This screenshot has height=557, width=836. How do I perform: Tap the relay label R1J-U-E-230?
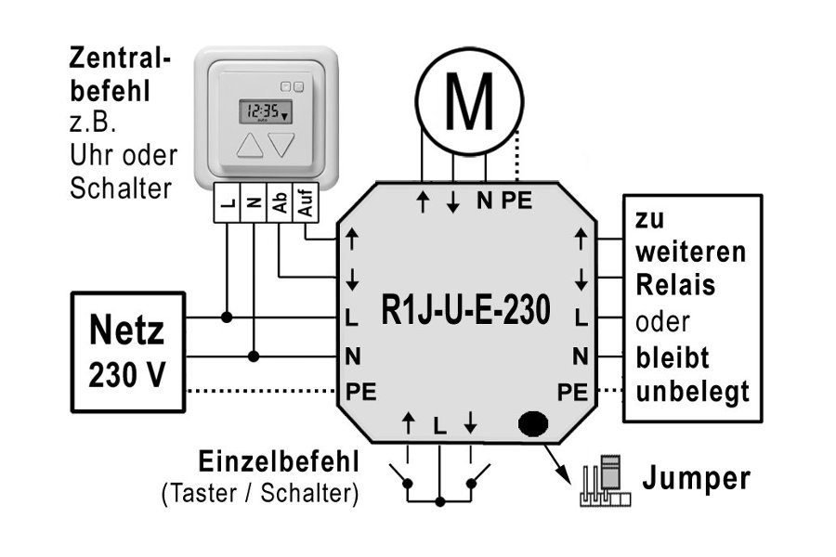point(465,310)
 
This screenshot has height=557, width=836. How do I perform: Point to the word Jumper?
point(698,479)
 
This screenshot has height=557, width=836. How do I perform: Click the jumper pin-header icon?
point(605,483)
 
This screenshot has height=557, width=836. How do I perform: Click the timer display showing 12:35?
point(264,111)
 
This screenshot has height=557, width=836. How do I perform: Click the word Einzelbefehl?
point(278,462)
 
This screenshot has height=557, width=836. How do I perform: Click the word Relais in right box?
point(675,285)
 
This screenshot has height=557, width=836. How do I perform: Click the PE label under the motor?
point(516,201)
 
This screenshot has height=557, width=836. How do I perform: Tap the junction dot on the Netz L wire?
point(226,317)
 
